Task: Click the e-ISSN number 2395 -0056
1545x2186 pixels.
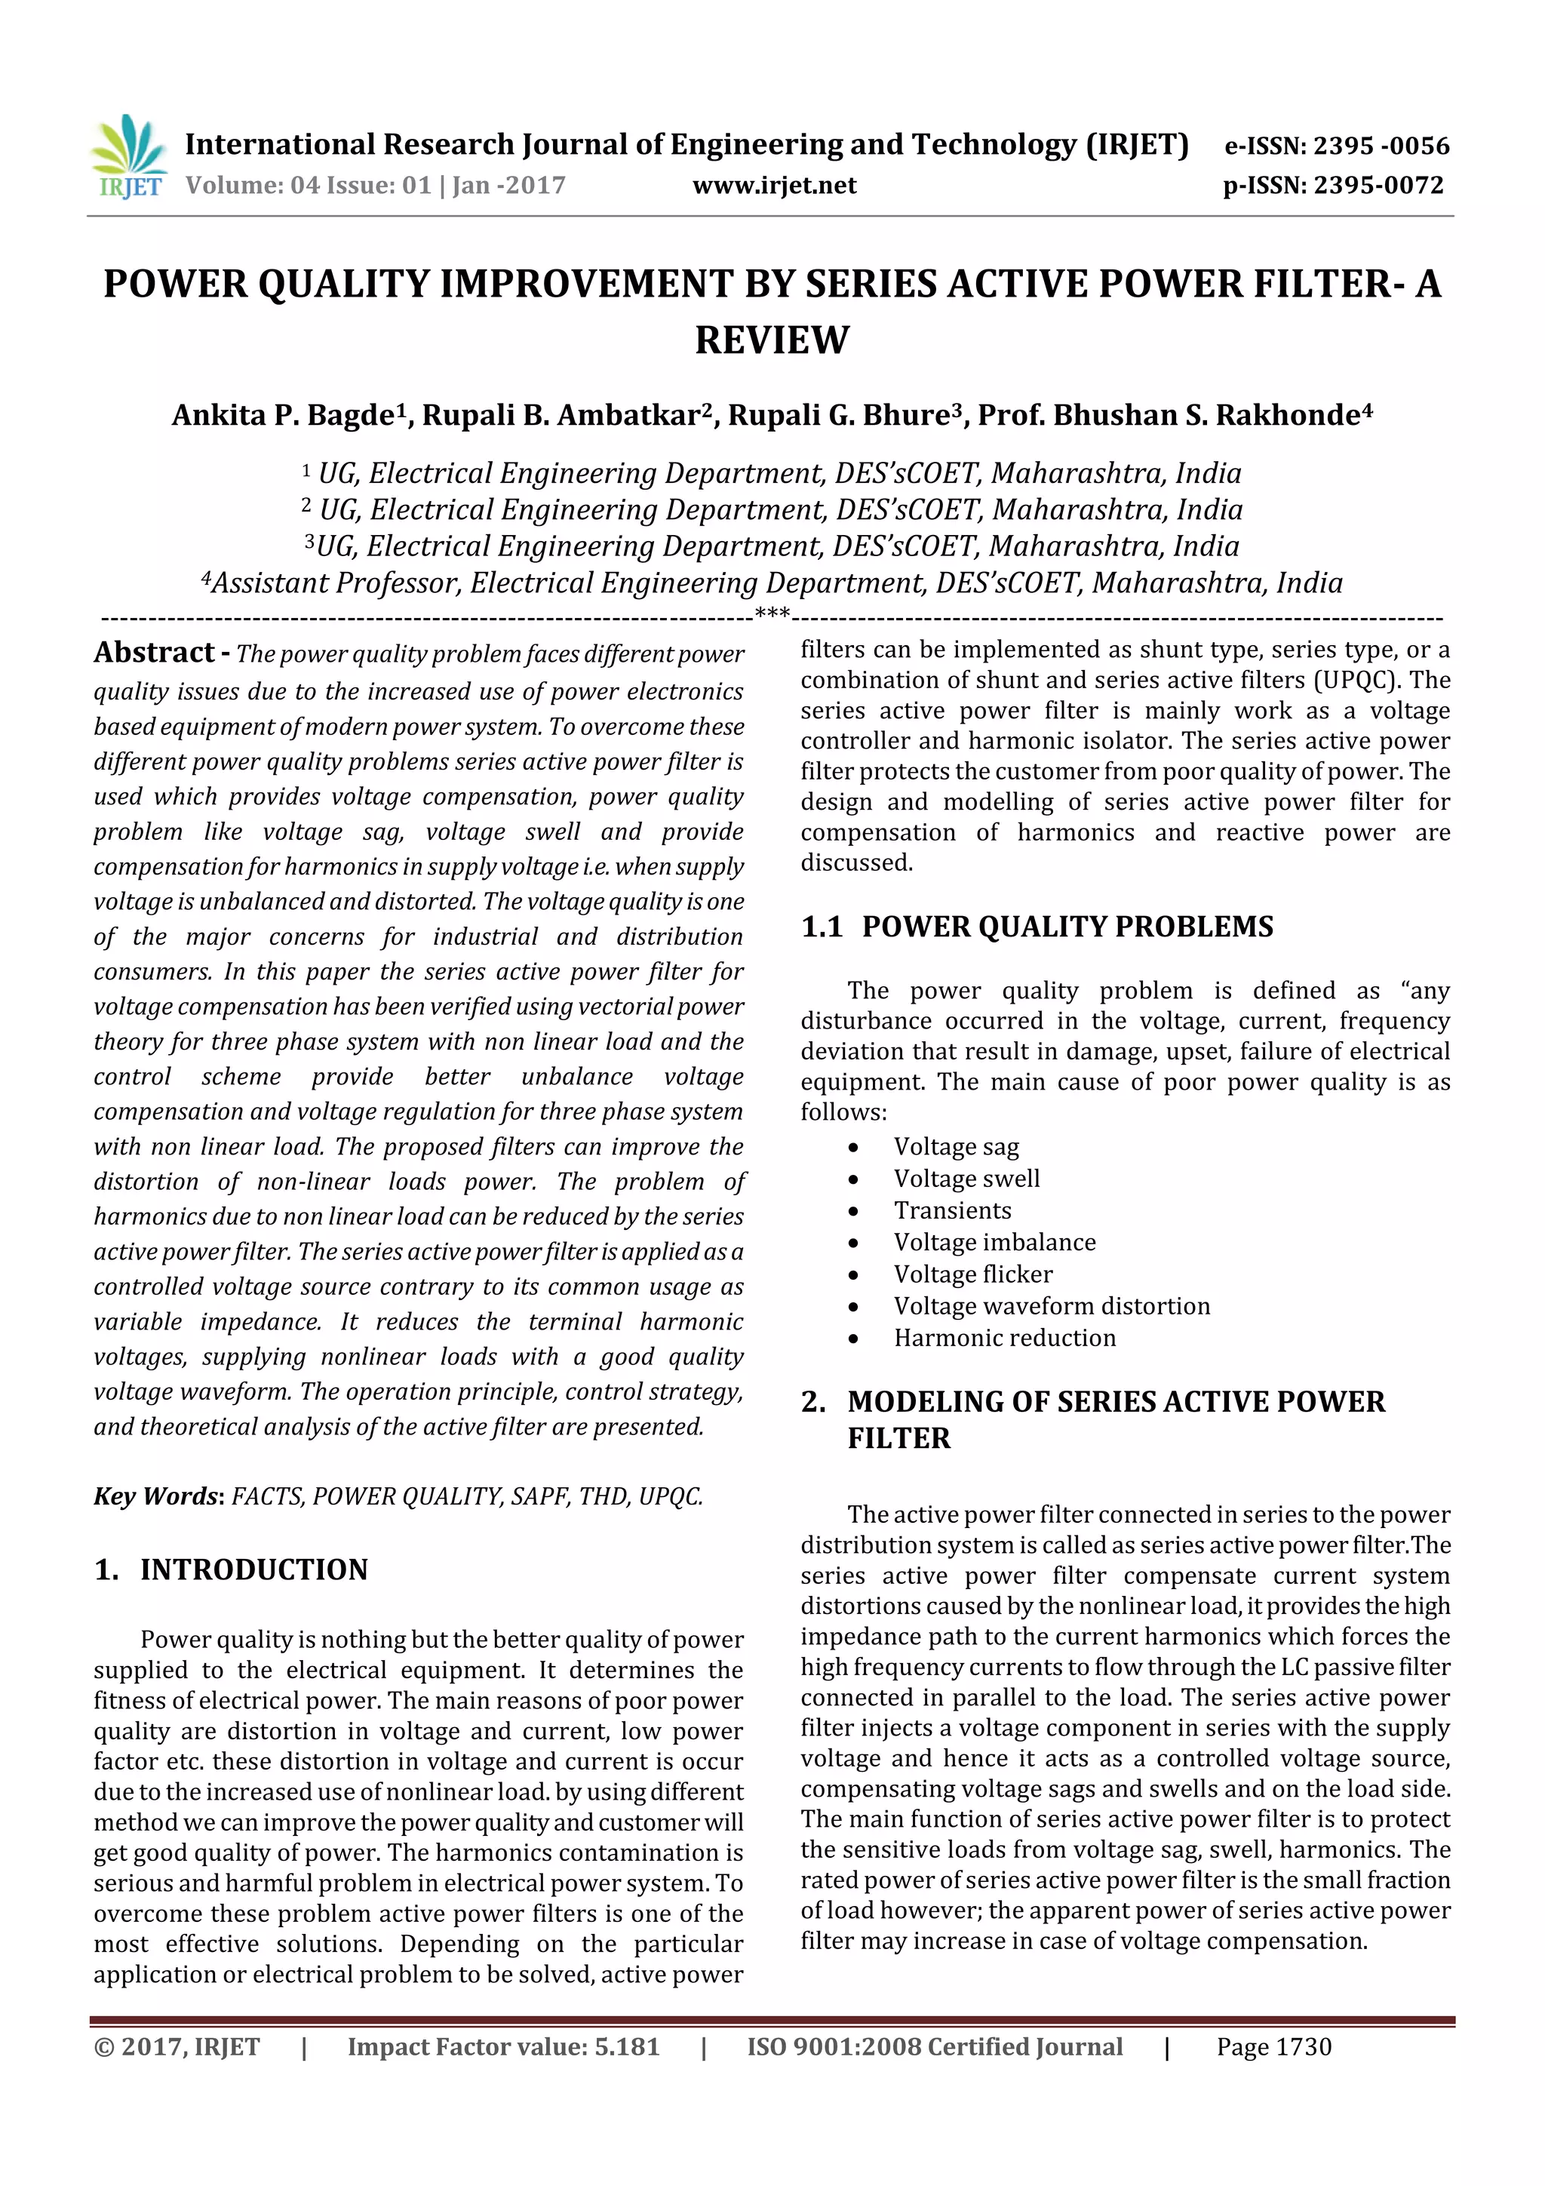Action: click(x=1381, y=146)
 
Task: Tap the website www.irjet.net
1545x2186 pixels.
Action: click(x=774, y=185)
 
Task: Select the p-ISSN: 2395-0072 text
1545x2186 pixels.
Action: click(x=1333, y=185)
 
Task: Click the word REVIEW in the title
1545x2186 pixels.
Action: click(x=771, y=340)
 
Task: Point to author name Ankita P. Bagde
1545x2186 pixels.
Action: click(x=284, y=416)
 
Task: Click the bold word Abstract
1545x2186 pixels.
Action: click(x=154, y=653)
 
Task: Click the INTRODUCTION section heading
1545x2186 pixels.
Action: click(x=253, y=1570)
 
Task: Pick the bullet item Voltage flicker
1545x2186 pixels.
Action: click(x=973, y=1274)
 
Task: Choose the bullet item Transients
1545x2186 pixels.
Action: click(x=952, y=1210)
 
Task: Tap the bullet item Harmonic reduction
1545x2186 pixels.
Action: click(x=1004, y=1338)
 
